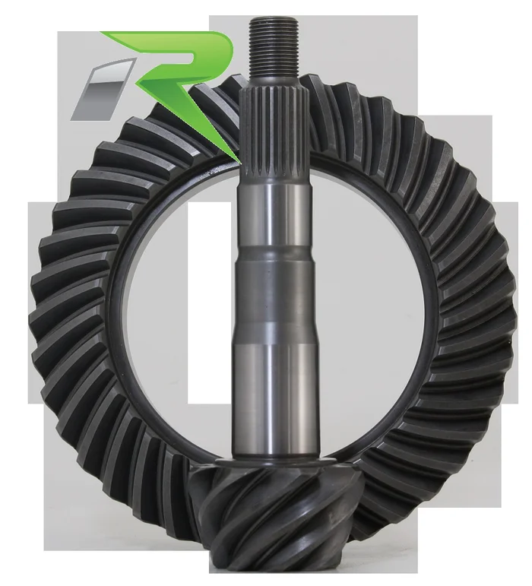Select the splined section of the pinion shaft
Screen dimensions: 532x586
(274, 133)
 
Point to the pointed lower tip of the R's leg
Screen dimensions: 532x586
(240, 163)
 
